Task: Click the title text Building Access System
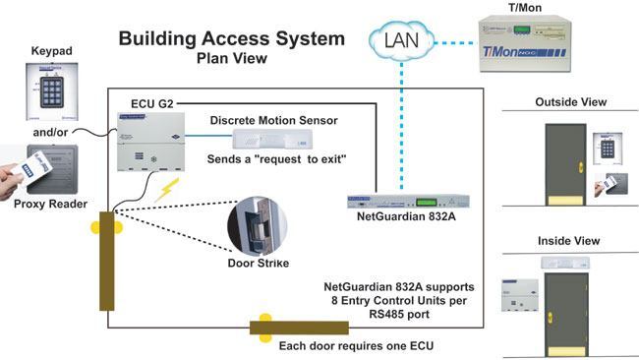(232, 39)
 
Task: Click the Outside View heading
(570, 102)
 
